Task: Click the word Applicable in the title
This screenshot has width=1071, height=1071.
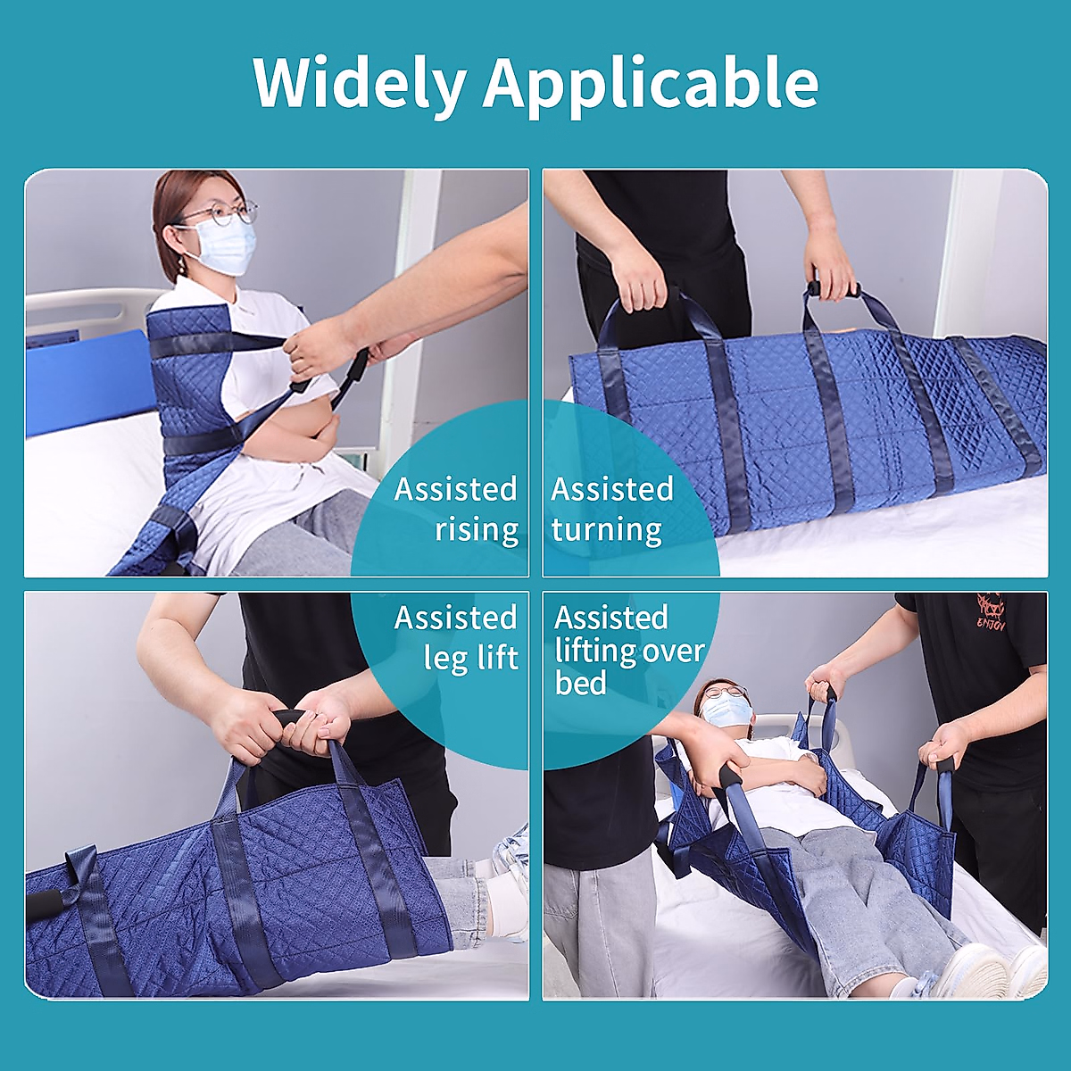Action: pyautogui.click(x=651, y=82)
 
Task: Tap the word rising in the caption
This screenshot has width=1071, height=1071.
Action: pyautogui.click(x=477, y=529)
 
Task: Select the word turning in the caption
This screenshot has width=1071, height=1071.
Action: pyautogui.click(x=606, y=529)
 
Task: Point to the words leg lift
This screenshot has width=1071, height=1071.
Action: pyautogui.click(x=471, y=658)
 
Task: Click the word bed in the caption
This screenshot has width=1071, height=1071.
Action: pyautogui.click(x=580, y=684)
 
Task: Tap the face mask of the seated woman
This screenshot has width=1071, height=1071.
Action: pyautogui.click(x=223, y=246)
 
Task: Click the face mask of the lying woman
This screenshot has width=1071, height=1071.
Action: pyautogui.click(x=726, y=710)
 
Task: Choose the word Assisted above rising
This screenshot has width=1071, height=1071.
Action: pyautogui.click(x=455, y=489)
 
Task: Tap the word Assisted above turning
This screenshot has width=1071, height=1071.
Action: pyautogui.click(x=612, y=489)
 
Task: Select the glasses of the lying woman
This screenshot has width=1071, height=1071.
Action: pyautogui.click(x=725, y=692)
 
